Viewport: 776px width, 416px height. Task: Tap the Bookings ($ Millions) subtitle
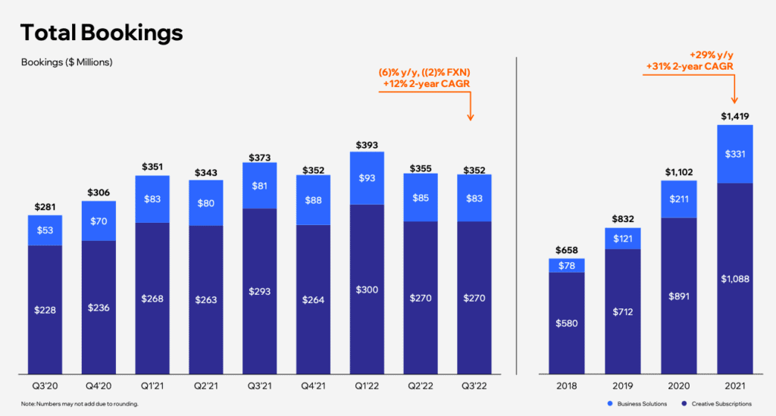[x=67, y=62]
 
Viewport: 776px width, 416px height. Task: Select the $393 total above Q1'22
[x=367, y=145]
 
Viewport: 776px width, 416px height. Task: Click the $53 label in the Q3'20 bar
[x=44, y=230]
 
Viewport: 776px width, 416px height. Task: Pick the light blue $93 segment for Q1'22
[x=367, y=178]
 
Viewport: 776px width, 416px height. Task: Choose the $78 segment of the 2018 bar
[x=565, y=265]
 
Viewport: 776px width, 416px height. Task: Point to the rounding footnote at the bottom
[x=80, y=403]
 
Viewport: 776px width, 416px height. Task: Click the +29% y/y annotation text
[x=710, y=55]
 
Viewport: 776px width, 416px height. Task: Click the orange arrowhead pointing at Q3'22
[x=471, y=117]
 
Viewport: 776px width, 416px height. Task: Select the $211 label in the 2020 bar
[x=677, y=199]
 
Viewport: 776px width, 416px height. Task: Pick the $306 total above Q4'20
[x=98, y=192]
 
